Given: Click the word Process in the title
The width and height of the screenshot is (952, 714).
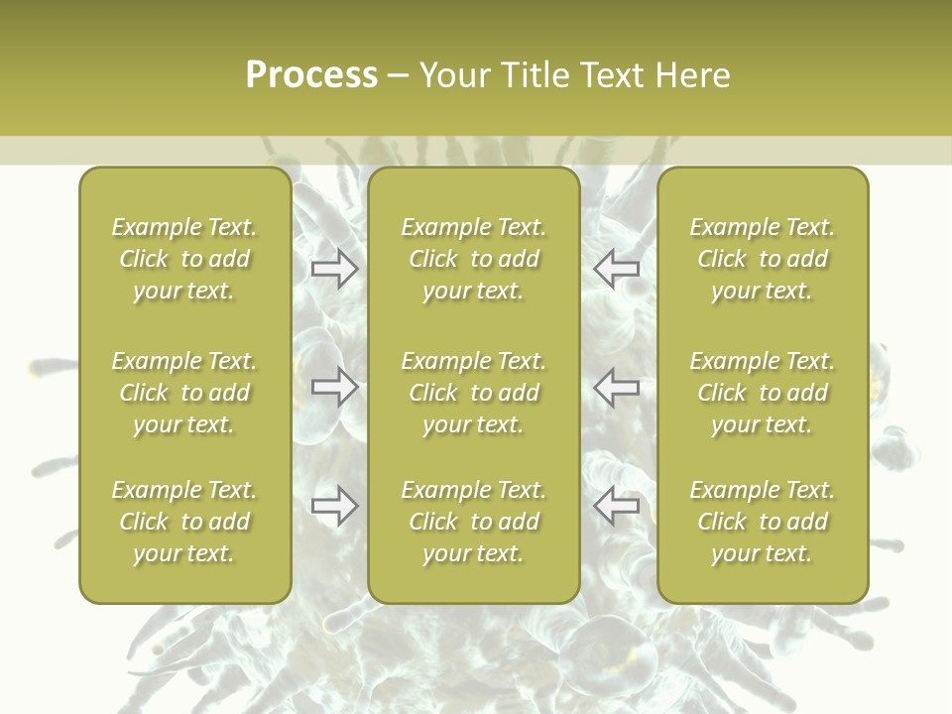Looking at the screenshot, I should [311, 75].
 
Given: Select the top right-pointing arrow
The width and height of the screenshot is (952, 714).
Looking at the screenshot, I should [335, 269].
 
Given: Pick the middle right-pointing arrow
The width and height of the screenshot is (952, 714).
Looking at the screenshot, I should [335, 387].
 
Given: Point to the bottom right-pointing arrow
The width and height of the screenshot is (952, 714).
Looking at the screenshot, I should [335, 507].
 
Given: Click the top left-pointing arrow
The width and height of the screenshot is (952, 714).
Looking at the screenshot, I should [617, 269].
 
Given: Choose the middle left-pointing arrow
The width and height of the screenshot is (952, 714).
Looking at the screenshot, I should [617, 387].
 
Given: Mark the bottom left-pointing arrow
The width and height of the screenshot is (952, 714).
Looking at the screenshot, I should [617, 507].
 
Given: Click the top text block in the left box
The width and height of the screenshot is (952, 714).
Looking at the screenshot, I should [184, 259].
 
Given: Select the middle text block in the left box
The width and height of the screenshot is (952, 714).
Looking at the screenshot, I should [184, 393].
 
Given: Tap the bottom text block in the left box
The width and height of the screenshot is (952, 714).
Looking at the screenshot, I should [184, 522].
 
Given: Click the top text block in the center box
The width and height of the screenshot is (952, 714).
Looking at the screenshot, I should [473, 259].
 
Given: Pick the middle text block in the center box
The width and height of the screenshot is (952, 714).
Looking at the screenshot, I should [473, 393].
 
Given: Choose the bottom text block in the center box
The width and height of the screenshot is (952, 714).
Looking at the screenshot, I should [473, 522].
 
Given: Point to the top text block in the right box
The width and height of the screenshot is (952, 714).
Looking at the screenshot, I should [762, 259].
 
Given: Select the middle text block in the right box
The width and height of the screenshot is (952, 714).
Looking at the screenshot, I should [762, 393].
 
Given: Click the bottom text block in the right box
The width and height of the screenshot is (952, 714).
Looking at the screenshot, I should [762, 522].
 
